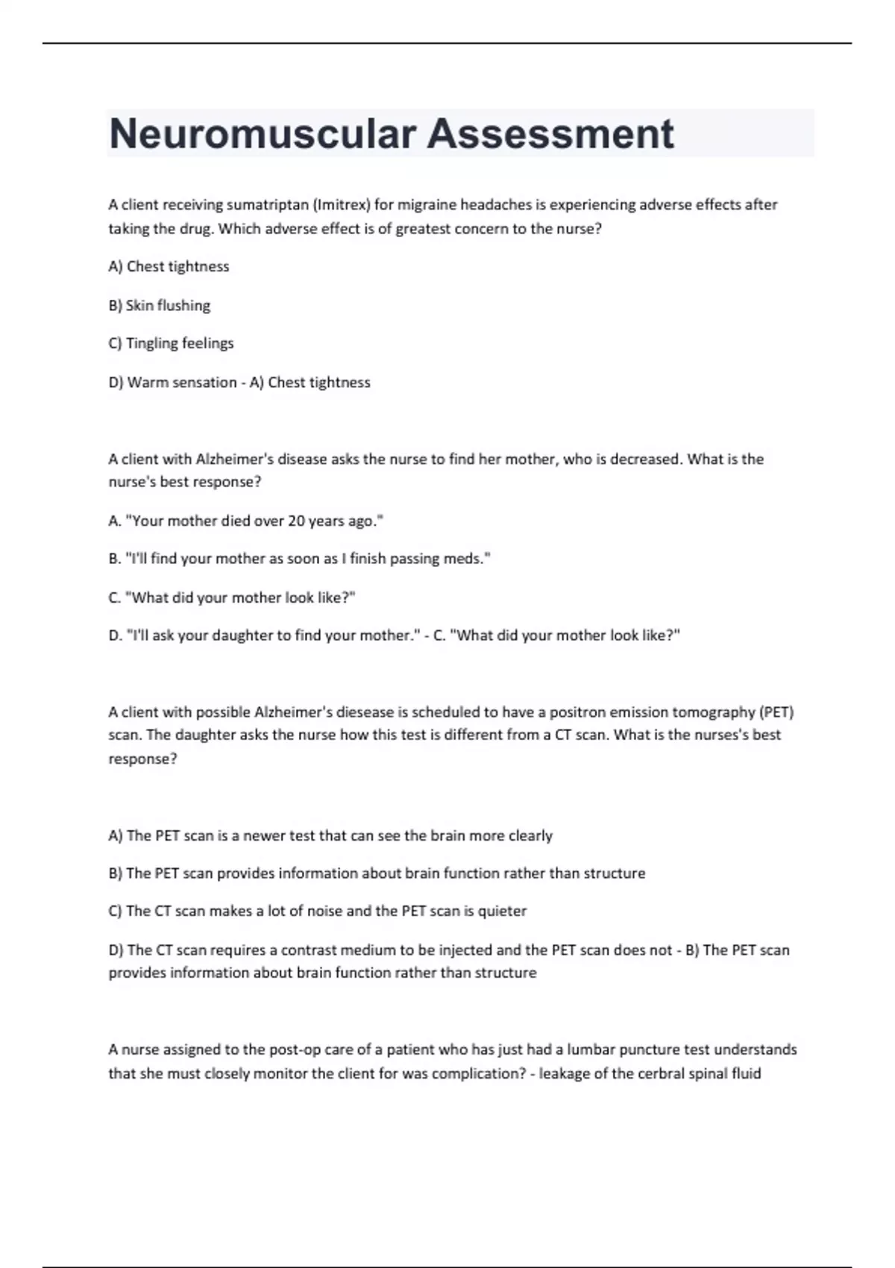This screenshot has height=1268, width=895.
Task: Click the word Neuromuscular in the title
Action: pyautogui.click(x=262, y=134)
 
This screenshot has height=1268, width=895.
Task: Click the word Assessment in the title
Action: pyautogui.click(x=550, y=134)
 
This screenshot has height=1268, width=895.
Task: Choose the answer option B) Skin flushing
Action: pyautogui.click(x=160, y=306)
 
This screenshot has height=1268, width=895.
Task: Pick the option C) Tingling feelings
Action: pyautogui.click(x=171, y=344)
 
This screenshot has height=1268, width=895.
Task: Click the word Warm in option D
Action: pyautogui.click(x=148, y=383)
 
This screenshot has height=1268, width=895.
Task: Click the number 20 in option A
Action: pyautogui.click(x=296, y=521)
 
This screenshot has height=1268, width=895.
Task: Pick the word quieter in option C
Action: pyautogui.click(x=502, y=911)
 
